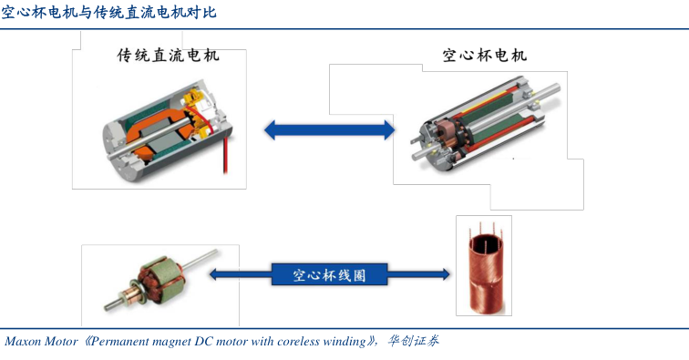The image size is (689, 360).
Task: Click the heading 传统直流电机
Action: (168, 56)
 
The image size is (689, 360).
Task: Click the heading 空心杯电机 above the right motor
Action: (484, 56)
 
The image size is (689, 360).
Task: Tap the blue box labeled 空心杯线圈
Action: (329, 274)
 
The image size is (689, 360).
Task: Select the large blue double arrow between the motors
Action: (329, 130)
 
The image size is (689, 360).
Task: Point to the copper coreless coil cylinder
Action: (485, 272)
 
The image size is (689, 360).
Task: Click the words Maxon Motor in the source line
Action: (41, 341)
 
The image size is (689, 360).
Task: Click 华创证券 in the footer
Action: (413, 341)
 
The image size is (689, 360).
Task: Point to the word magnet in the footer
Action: (173, 342)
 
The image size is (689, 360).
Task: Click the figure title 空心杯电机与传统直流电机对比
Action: (108, 12)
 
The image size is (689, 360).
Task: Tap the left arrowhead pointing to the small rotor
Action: (213, 274)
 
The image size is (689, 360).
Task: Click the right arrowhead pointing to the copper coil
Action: (445, 274)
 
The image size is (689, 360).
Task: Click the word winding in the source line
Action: (344, 342)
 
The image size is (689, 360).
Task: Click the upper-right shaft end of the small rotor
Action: (215, 252)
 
